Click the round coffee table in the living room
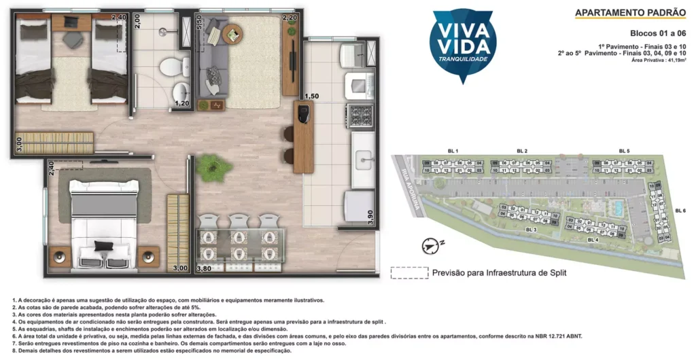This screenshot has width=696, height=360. click(x=232, y=33)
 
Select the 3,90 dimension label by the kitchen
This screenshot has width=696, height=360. click(x=370, y=217)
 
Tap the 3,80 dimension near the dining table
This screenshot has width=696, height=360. click(x=203, y=269)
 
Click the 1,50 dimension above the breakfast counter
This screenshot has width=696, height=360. click(x=311, y=96)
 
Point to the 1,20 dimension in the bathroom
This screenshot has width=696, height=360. click(x=181, y=104)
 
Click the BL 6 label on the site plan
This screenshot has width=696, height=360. click(x=680, y=211)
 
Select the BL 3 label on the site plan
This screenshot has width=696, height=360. click(x=531, y=230)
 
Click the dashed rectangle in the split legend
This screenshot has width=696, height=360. click(x=408, y=272)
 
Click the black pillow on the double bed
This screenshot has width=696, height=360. click(x=103, y=245)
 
